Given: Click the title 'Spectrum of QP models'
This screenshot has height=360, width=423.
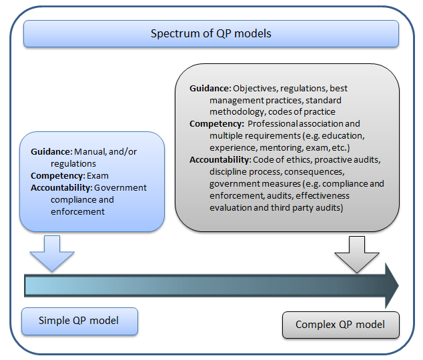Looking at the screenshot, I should click(211, 33).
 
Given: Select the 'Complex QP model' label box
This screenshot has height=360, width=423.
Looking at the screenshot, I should click(340, 325).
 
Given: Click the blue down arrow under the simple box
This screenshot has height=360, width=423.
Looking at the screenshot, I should click(53, 252).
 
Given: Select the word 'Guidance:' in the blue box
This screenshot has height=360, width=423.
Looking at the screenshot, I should click(51, 151).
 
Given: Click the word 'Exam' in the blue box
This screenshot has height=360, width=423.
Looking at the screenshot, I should click(97, 175).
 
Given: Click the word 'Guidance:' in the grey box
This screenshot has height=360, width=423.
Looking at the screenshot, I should click(209, 88).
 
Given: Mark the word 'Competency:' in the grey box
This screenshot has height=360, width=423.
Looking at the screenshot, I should click(216, 124).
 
